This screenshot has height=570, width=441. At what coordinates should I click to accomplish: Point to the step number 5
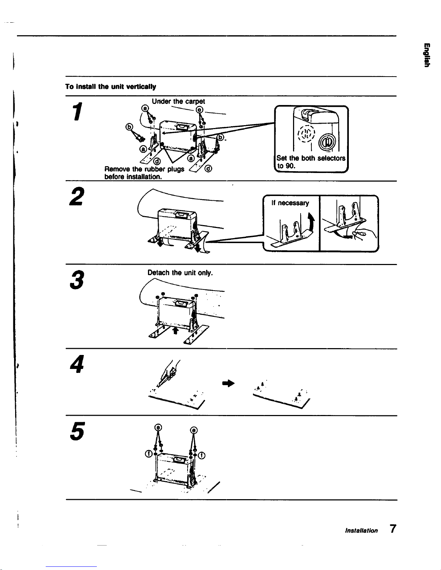(x=77, y=430)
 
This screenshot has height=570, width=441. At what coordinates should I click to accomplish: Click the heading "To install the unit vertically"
(x=111, y=87)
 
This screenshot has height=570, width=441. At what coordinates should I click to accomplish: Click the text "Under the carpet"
(x=178, y=102)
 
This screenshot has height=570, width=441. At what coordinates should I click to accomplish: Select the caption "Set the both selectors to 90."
(x=310, y=162)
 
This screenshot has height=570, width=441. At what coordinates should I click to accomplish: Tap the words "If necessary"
(x=290, y=203)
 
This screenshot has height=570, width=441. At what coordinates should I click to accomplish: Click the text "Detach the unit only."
(x=180, y=273)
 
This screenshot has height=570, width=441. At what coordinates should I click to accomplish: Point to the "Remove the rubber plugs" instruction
(x=144, y=169)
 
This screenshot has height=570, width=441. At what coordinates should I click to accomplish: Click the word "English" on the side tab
(x=426, y=55)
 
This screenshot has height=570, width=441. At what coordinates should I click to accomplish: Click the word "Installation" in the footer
(x=361, y=530)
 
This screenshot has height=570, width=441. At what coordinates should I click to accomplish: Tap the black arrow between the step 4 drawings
(x=229, y=383)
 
